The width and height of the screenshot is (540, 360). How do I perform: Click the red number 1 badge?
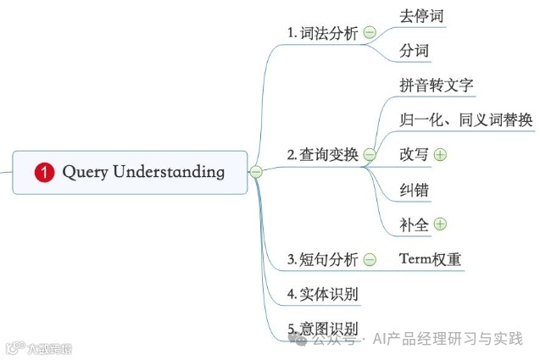pyautogui.click(x=44, y=172)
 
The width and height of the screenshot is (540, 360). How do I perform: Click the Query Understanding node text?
pyautogui.click(x=143, y=172)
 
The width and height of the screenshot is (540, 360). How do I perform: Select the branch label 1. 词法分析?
pyautogui.click(x=324, y=33)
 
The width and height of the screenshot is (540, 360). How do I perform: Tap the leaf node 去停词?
pyautogui.click(x=421, y=15)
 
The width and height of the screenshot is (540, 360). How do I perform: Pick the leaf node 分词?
pyautogui.click(x=415, y=51)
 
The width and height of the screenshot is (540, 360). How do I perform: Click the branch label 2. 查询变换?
pyautogui.click(x=323, y=154)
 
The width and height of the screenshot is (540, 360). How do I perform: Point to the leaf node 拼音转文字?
pyautogui.click(x=436, y=85)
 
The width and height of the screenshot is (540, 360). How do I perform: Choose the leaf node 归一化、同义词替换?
pyautogui.click(x=466, y=119)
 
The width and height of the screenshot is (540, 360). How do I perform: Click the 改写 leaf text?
pyautogui.click(x=415, y=154)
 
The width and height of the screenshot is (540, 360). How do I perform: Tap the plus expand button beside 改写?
pyautogui.click(x=440, y=154)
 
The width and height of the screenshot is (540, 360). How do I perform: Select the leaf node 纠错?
pyautogui.click(x=415, y=190)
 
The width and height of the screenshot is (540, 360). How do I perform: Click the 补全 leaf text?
pyautogui.click(x=415, y=224)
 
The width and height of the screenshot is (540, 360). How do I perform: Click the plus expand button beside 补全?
pyautogui.click(x=440, y=224)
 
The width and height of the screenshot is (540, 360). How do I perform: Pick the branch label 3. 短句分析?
pyautogui.click(x=323, y=259)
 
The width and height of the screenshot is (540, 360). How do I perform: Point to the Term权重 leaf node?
pyautogui.click(x=431, y=259)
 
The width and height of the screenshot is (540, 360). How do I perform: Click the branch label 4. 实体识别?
pyautogui.click(x=323, y=295)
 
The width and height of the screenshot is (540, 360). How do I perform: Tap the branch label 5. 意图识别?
pyautogui.click(x=323, y=329)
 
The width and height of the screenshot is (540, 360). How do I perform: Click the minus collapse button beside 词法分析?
pyautogui.click(x=370, y=33)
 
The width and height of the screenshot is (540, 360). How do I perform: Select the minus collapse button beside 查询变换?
pyautogui.click(x=370, y=155)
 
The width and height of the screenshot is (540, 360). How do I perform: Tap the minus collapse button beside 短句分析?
pyautogui.click(x=370, y=260)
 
